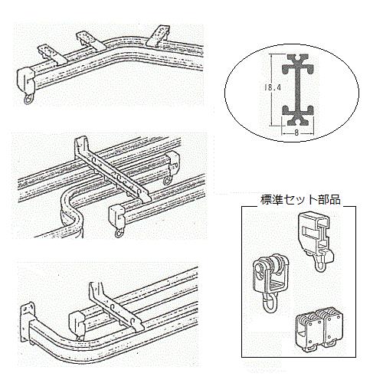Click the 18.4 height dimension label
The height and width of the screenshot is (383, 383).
coord(272,87)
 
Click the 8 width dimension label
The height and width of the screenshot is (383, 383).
coord(296,133)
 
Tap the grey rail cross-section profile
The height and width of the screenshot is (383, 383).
coord(298,90)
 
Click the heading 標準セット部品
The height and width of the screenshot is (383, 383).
coord(300,200)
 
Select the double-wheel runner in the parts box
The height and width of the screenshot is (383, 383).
coord(319,329)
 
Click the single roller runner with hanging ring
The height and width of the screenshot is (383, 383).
coord(270,283)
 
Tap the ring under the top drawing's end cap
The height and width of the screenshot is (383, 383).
coord(28,100)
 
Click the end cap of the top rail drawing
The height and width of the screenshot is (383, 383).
coord(25,80)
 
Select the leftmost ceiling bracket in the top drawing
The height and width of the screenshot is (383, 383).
coord(52,54)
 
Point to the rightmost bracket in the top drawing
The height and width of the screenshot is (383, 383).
coord(159,35)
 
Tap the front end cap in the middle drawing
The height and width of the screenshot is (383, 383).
coord(117,217)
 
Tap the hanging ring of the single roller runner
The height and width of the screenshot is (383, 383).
coord(270,303)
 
